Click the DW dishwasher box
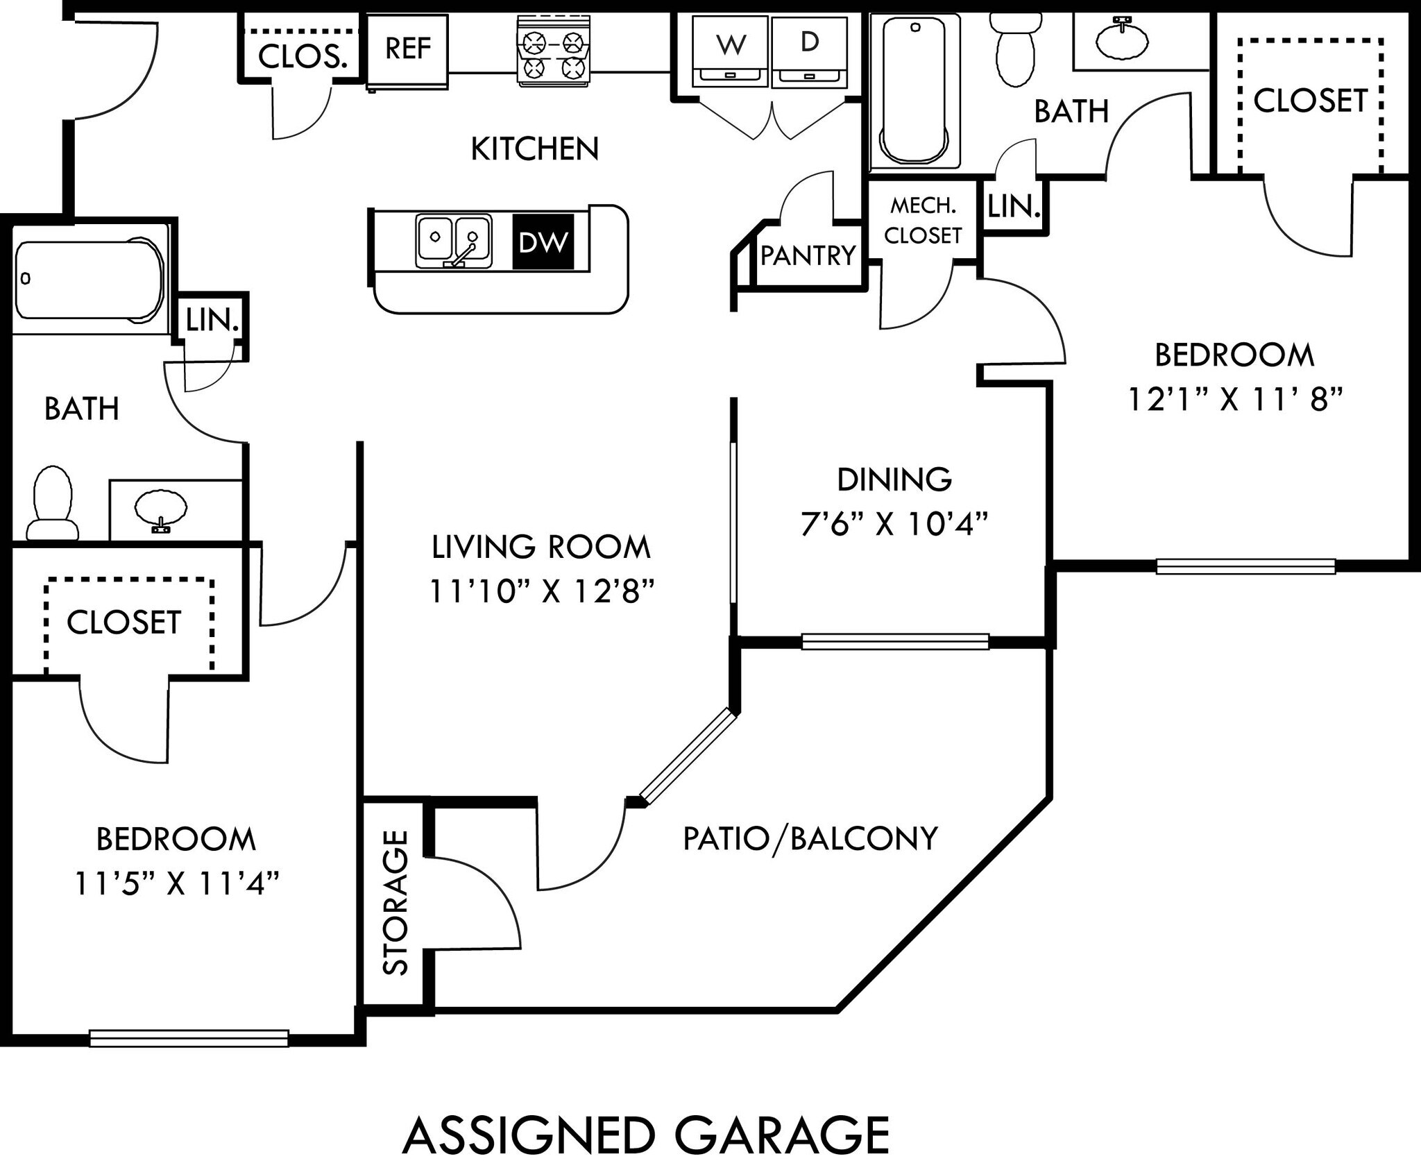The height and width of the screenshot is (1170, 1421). tap(543, 241)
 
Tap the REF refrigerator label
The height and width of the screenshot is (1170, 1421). tap(407, 49)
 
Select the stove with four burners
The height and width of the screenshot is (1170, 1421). tap(553, 53)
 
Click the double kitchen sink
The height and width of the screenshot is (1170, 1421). tap(454, 240)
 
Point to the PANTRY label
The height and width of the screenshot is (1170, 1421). tap(808, 256)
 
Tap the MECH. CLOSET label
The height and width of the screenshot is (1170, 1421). tap(922, 221)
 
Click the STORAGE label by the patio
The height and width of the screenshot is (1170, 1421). tap(396, 902)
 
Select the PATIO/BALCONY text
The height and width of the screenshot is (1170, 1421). tap(810, 838)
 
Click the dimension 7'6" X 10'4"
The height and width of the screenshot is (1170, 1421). tap(894, 524)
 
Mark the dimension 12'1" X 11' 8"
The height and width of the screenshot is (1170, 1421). tap(1235, 399)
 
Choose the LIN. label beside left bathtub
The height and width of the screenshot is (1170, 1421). tap(212, 321)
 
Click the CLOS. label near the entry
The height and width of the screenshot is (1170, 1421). tap(302, 57)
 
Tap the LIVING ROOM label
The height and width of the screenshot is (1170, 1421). tap(541, 547)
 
